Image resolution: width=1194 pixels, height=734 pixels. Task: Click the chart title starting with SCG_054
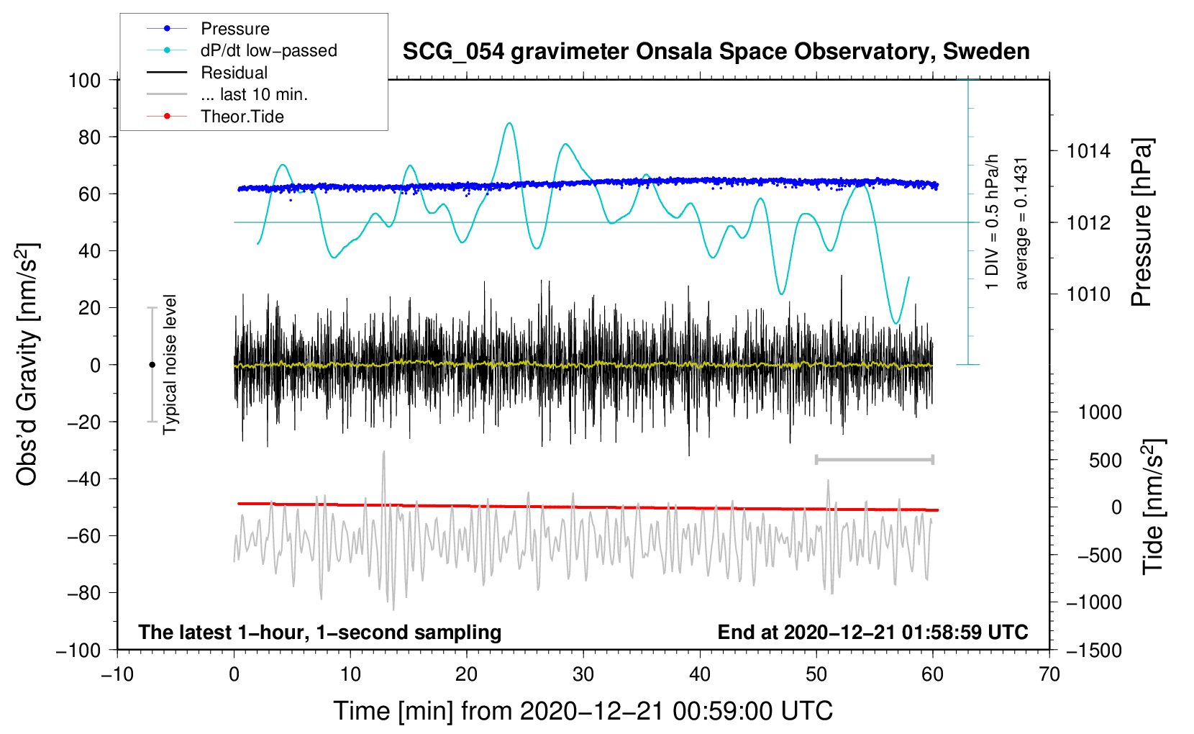pos(716,52)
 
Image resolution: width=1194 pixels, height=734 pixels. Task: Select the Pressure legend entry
pos(209,28)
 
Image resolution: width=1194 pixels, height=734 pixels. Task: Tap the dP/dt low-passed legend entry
pos(242,50)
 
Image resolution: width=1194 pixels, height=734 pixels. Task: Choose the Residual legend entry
pos(207,73)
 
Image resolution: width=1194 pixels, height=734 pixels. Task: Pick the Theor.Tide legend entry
pos(215,117)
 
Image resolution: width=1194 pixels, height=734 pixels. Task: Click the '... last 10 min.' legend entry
pos(227,94)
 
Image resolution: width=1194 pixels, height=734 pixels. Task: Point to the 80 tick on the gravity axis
pos(89,137)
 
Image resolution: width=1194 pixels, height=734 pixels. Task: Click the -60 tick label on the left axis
pos(83,536)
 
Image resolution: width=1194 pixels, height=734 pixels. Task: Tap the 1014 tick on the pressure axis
pos(1088,152)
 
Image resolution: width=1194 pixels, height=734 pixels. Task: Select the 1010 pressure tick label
pos(1088,294)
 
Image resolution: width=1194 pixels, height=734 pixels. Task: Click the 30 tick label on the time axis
pos(583,674)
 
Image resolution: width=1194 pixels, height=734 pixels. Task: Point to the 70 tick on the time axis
pos(1049,674)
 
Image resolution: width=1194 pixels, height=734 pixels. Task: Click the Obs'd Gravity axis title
pos(27,364)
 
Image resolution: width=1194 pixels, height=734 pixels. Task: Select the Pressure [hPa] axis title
pos(1141,222)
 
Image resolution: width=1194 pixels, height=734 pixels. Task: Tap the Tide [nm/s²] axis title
pos(1154,507)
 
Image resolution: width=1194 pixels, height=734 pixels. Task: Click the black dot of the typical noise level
pos(152,365)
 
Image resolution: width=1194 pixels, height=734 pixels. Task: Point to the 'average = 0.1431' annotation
pos(1021,224)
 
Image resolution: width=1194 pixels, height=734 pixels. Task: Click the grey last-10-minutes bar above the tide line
pos(874,459)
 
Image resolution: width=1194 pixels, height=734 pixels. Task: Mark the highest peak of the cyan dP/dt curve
pos(509,123)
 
